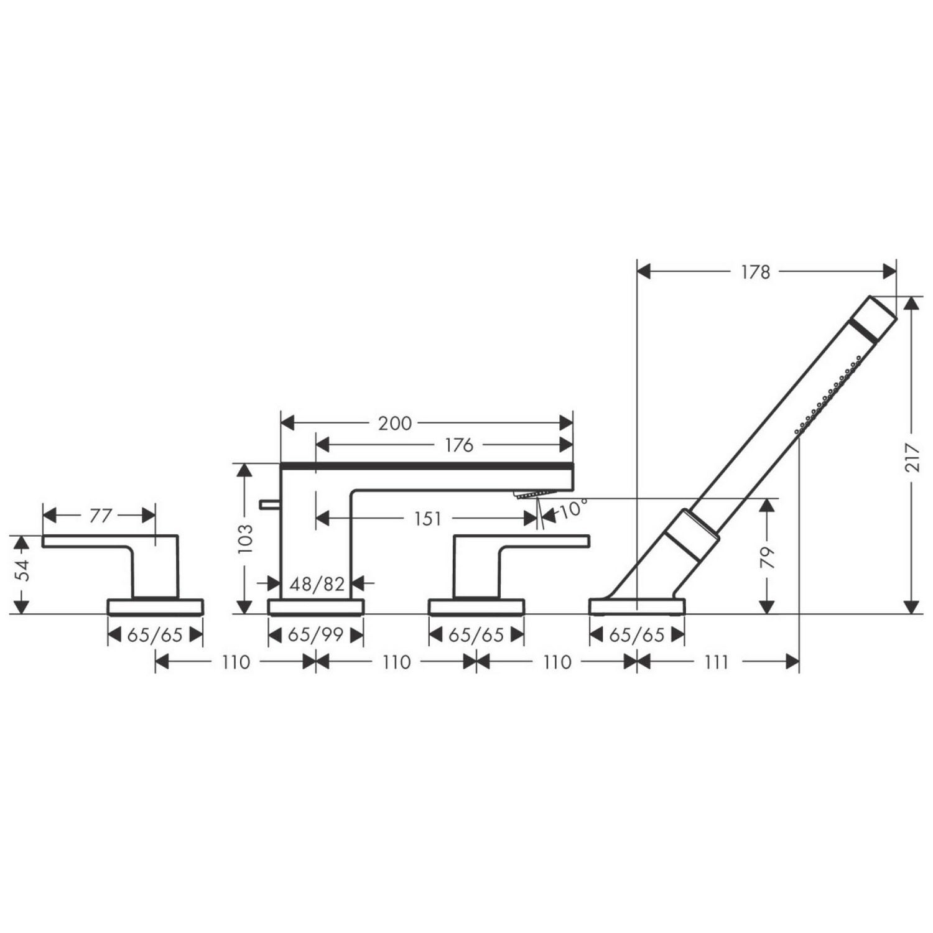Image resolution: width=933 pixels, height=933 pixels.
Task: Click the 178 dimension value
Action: tap(755, 272)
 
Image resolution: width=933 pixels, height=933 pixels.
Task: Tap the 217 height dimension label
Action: tap(912, 457)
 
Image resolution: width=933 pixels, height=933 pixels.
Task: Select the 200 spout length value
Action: tap(395, 424)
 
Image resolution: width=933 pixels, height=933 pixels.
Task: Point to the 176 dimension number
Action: tap(459, 445)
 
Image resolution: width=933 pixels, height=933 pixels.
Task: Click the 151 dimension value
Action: tap(427, 518)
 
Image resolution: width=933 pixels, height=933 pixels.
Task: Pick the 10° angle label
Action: tap(573, 509)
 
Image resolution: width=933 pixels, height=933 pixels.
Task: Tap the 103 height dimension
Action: tap(246, 539)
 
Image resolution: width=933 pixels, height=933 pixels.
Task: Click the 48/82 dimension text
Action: tap(317, 583)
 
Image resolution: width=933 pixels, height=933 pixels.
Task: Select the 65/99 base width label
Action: tap(316, 635)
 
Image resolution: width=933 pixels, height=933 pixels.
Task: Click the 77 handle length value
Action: tap(101, 516)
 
